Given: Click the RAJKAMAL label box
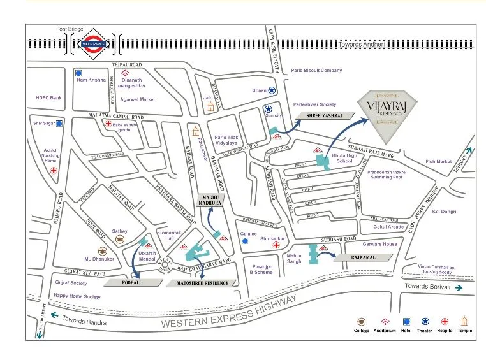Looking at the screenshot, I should [x=362, y=257].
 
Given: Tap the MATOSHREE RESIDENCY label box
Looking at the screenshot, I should [x=202, y=283].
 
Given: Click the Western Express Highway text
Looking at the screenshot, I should [x=230, y=312].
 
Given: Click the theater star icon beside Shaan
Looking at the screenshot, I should [x=272, y=91].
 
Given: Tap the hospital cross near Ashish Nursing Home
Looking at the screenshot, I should [x=54, y=171].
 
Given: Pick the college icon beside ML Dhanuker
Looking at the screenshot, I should [x=101, y=251].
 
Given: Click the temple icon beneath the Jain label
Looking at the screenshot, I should [x=210, y=108].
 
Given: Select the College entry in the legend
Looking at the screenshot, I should [x=362, y=321].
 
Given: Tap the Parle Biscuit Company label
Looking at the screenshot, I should [x=316, y=71].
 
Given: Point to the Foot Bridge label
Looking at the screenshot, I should [x=70, y=29].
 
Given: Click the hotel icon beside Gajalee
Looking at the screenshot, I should [x=246, y=243].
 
